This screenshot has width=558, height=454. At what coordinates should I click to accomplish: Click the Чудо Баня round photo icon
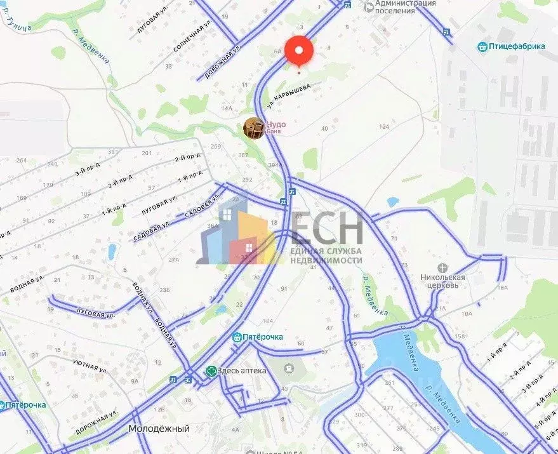point(255,128)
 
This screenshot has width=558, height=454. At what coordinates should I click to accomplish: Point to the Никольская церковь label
point(442,281)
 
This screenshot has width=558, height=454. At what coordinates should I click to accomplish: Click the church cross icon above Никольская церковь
point(443,268)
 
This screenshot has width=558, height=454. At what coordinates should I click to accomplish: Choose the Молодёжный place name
point(159,429)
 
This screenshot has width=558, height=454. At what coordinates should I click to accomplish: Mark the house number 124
point(383,127)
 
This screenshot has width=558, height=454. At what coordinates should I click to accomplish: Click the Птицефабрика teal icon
point(482,46)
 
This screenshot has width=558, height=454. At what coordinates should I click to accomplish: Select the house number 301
point(113,152)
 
